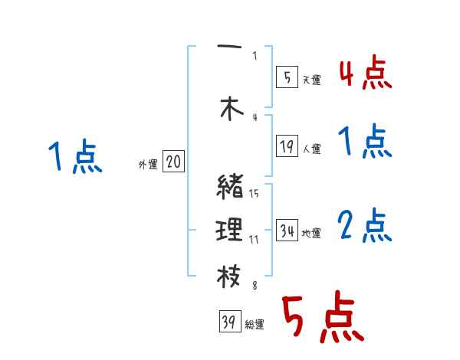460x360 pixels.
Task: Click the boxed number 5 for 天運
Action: (x=286, y=77)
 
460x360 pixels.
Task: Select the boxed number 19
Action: (x=287, y=146)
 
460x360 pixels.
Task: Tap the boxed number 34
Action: (x=287, y=230)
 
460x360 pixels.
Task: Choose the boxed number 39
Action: (x=228, y=322)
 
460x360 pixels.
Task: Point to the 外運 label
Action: (x=147, y=164)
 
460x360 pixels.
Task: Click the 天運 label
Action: (x=311, y=80)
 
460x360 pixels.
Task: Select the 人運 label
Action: (x=311, y=149)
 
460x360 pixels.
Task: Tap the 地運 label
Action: (x=311, y=233)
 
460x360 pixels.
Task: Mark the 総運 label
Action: (x=254, y=325)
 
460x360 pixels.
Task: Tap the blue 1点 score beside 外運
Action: (x=75, y=157)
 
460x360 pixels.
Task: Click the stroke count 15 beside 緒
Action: (x=254, y=193)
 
